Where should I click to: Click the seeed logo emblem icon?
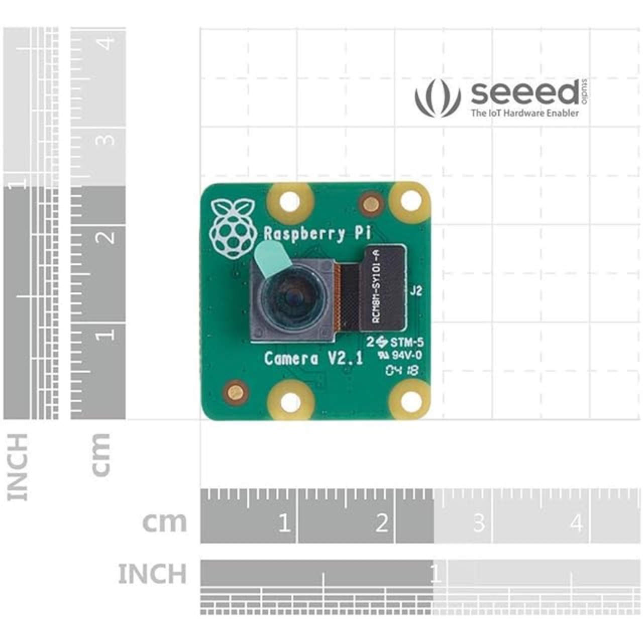[438, 99]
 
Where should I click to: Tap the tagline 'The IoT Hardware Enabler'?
[524, 113]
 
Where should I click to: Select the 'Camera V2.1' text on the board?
[313, 358]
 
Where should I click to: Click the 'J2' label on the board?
[416, 291]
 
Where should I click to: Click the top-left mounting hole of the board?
[290, 202]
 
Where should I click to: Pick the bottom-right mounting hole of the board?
[411, 400]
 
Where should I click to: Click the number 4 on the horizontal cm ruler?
[576, 523]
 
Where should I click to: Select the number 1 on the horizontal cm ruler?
[284, 523]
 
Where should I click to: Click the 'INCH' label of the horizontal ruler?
[152, 574]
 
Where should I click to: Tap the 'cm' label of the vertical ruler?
[101, 455]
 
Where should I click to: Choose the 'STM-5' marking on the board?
[406, 343]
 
